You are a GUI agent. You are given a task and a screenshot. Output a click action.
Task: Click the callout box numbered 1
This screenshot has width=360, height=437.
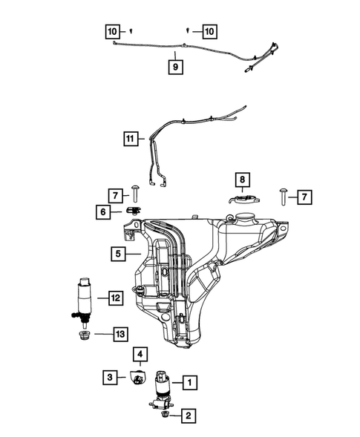click(x=189, y=384)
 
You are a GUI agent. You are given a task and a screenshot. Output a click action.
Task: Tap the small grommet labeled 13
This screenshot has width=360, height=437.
click(x=84, y=337)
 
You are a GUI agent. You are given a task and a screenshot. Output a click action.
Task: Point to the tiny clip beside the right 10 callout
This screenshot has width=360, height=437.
click(x=189, y=30)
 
